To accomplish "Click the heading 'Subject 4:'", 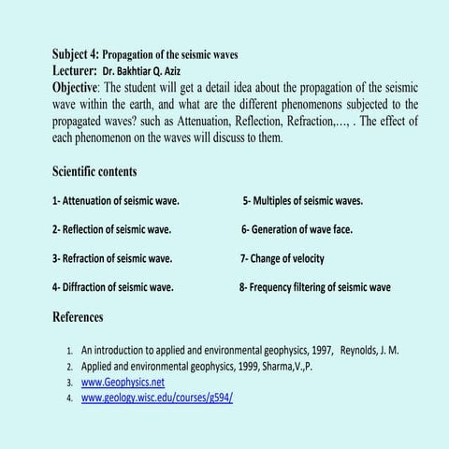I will pyautogui.click(x=74, y=54).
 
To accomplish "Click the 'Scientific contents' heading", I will pyautogui.click(x=94, y=171).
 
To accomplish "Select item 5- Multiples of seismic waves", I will pyautogui.click(x=303, y=200).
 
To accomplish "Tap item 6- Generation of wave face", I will pyautogui.click(x=295, y=229).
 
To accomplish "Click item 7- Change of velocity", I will pyautogui.click(x=282, y=258).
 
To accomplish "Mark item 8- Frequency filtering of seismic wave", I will pyautogui.click(x=315, y=287).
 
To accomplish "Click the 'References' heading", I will pyautogui.click(x=78, y=317).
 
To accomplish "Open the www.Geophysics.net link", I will pyautogui.click(x=123, y=382).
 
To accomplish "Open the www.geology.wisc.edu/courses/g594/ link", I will pyautogui.click(x=157, y=398).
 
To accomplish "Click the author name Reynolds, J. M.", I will pyautogui.click(x=370, y=350).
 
